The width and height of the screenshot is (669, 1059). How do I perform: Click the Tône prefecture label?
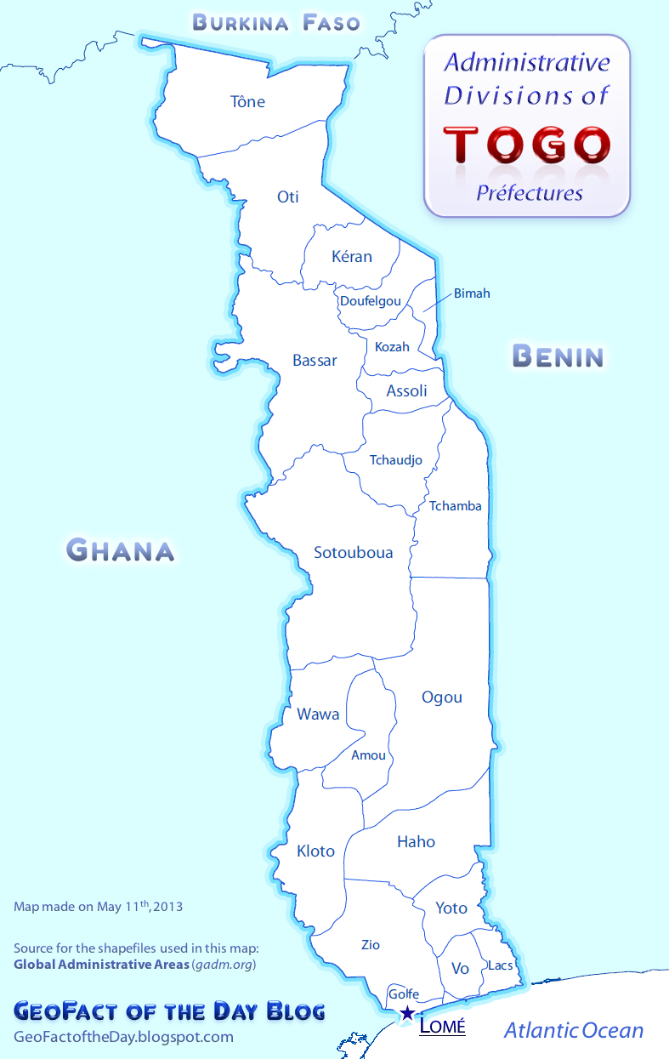click(248, 102)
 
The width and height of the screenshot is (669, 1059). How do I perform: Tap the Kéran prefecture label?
click(352, 256)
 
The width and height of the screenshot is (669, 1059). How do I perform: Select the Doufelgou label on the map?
click(371, 301)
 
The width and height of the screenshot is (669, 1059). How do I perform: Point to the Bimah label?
click(472, 293)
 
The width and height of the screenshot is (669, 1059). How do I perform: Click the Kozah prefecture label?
click(392, 347)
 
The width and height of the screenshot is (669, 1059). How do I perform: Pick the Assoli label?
click(406, 391)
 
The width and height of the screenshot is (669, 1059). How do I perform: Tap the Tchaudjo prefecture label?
click(395, 460)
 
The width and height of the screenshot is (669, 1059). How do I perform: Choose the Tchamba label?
click(455, 506)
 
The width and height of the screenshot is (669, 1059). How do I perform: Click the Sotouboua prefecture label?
click(354, 553)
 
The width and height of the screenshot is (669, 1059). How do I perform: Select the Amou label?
click(368, 755)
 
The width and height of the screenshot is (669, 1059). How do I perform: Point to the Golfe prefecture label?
click(404, 994)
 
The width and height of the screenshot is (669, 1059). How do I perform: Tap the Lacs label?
click(500, 966)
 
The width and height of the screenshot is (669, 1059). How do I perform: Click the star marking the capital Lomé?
click(408, 1013)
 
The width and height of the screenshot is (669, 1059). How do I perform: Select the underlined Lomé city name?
click(443, 1027)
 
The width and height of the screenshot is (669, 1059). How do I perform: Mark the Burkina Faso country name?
click(277, 22)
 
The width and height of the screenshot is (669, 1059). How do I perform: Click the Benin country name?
click(558, 356)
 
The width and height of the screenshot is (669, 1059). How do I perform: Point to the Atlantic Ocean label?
click(574, 1031)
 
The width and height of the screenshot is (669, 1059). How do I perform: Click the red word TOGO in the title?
click(527, 144)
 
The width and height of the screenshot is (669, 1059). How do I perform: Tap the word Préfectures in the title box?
click(529, 193)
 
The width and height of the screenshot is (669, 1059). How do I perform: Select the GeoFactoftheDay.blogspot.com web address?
click(124, 1037)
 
